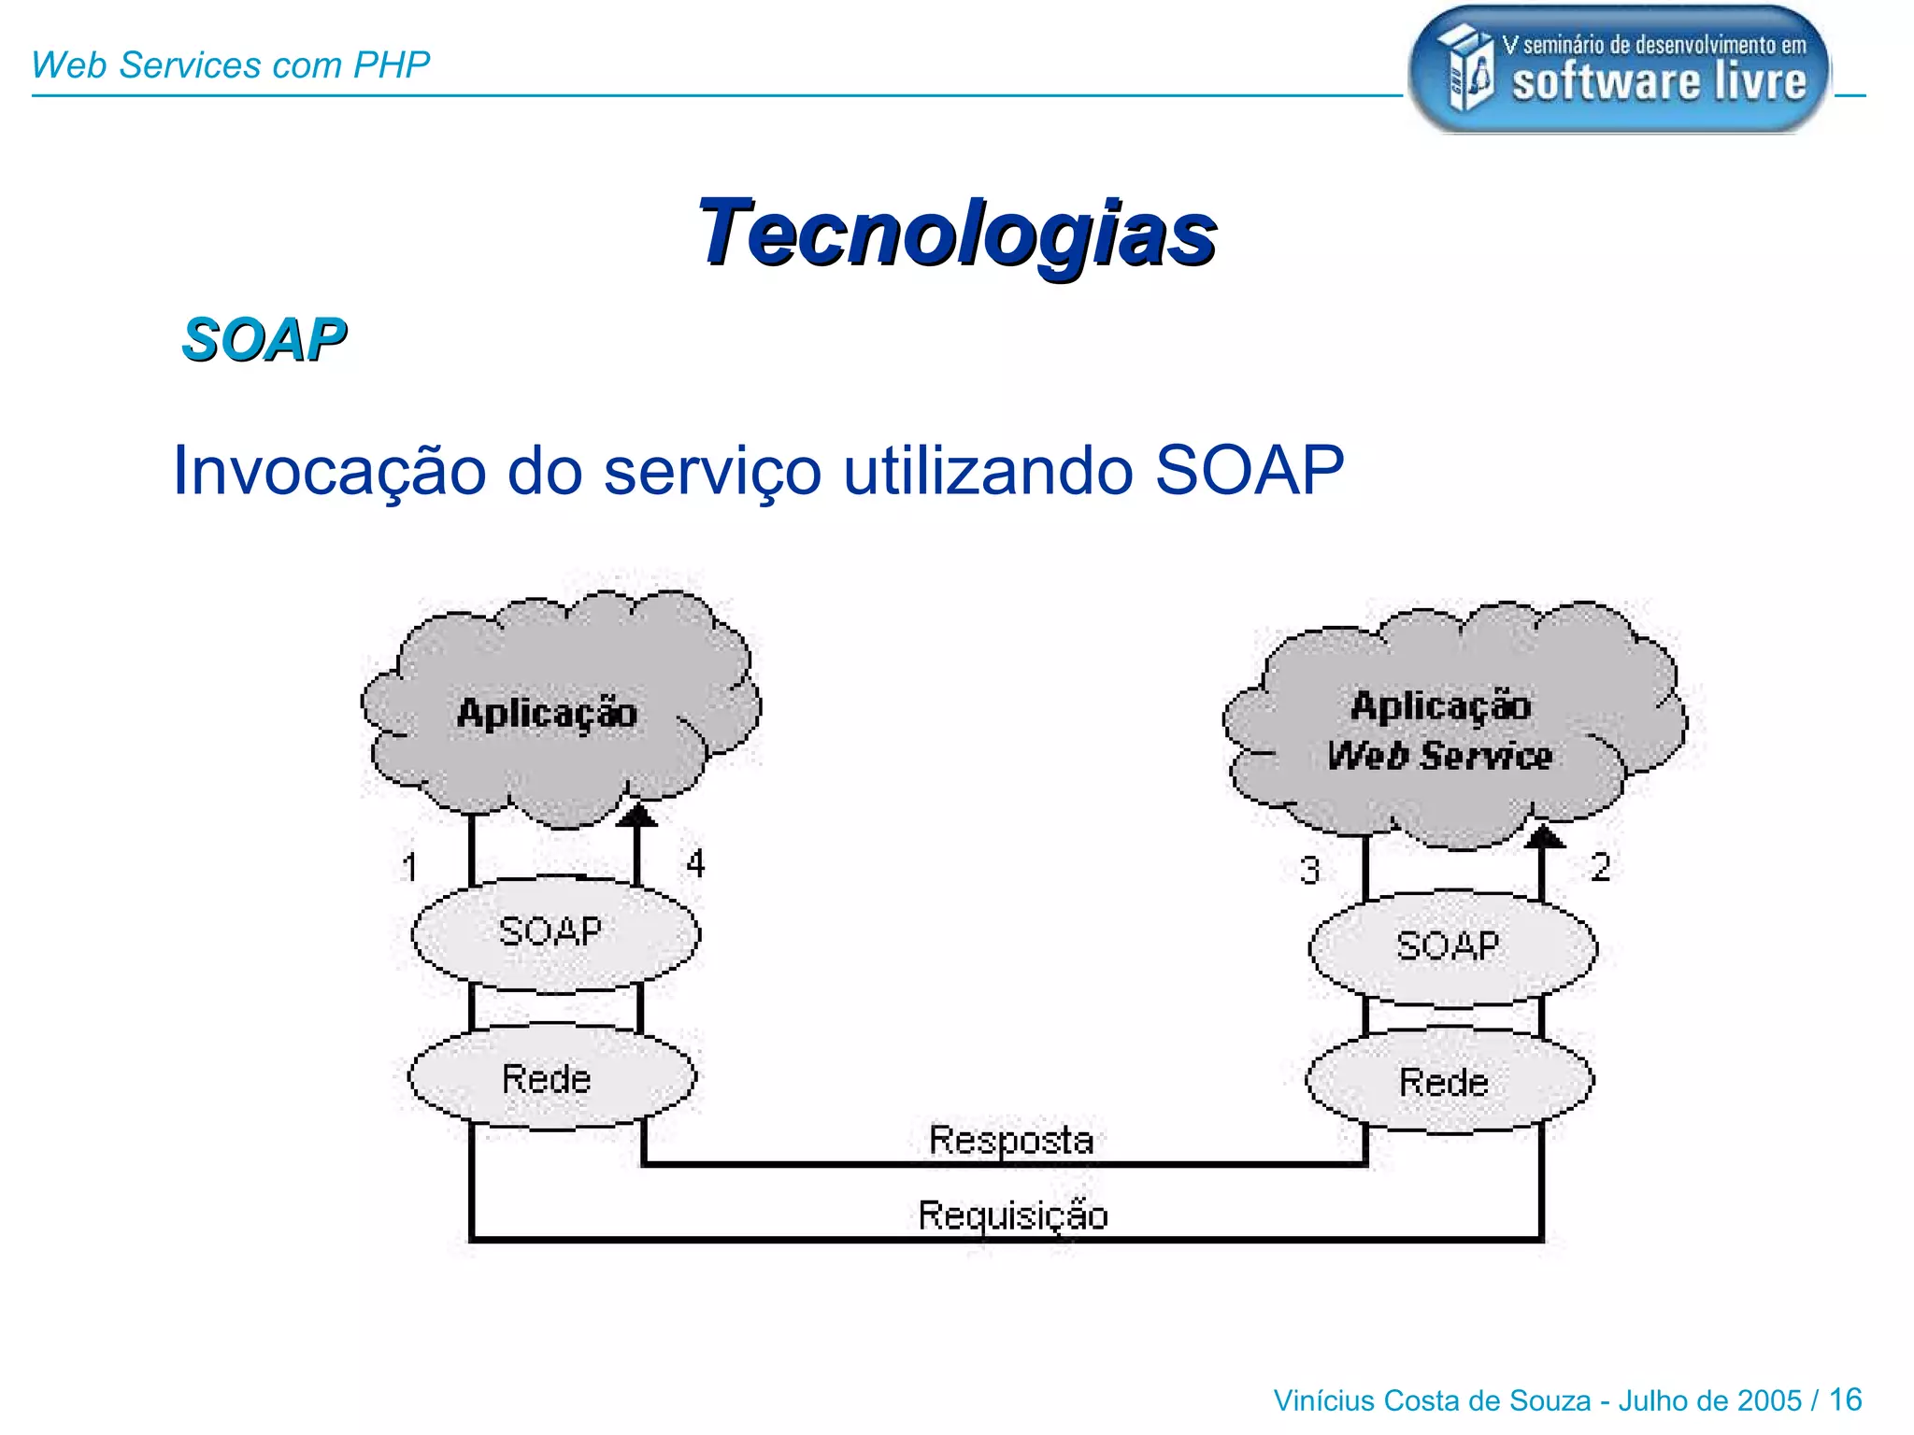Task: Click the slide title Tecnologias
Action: click(x=956, y=233)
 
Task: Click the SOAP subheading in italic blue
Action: click(x=264, y=339)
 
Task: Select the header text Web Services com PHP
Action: click(x=230, y=65)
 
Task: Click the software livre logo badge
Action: click(x=1619, y=69)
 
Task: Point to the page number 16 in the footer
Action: click(x=1845, y=1399)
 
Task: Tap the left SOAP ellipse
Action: click(x=555, y=932)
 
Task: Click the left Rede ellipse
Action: click(x=551, y=1078)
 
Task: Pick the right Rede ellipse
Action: click(x=1449, y=1082)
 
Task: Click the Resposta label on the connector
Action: click(x=1011, y=1140)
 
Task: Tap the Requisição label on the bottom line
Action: click(x=1013, y=1215)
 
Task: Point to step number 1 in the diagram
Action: click(x=409, y=867)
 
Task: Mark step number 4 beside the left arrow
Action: click(x=695, y=863)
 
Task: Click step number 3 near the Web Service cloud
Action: click(x=1310, y=871)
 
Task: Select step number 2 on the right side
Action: click(x=1601, y=867)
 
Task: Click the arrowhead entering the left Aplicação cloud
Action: click(x=637, y=815)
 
